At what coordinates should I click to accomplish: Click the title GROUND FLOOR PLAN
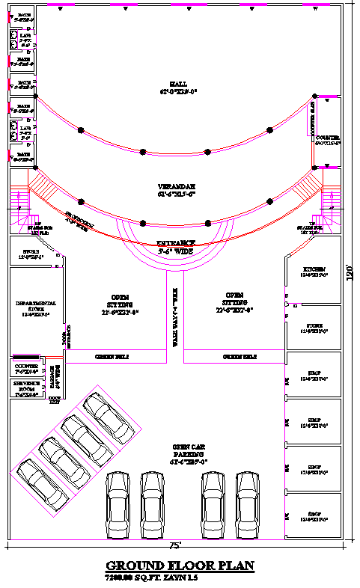click(x=180, y=566)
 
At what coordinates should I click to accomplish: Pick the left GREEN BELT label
click(x=112, y=358)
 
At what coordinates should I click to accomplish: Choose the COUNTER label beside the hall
click(x=327, y=140)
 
